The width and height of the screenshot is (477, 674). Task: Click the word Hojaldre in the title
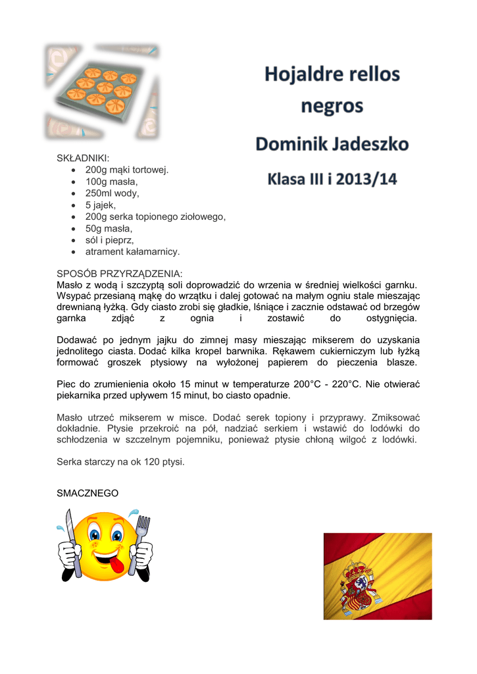point(301,74)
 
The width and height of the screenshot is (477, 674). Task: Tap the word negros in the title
point(332,105)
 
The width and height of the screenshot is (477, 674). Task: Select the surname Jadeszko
point(369,144)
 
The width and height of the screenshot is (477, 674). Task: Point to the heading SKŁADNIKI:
point(84,158)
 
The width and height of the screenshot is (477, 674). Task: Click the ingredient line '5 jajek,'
point(101,205)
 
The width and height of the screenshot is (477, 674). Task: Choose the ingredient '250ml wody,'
point(113,193)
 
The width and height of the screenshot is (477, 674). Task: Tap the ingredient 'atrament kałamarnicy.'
point(132,251)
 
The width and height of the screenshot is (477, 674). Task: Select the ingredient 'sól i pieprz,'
point(110,240)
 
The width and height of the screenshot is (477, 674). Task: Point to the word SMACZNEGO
point(88,492)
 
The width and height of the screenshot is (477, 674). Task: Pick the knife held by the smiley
point(70,543)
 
